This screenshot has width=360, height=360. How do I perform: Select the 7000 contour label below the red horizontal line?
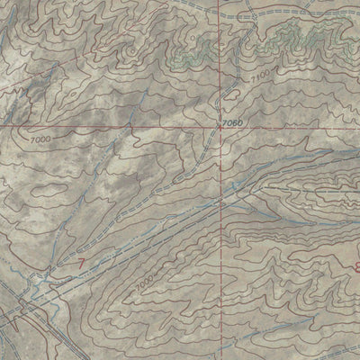[39, 140]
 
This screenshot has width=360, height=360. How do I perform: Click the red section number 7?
[84, 264]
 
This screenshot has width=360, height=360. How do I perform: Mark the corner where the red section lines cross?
[220, 128]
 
